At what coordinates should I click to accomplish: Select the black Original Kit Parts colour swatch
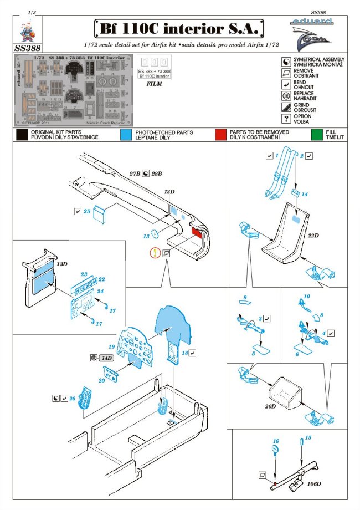[22, 134]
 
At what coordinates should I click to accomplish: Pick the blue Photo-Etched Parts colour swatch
[126, 134]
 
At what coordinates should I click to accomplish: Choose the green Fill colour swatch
[317, 134]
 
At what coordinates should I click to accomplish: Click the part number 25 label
[87, 211]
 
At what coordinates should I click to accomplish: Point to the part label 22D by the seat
[313, 235]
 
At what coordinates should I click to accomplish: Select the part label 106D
[313, 483]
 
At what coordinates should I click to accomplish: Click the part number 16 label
[275, 441]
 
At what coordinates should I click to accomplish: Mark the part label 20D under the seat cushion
[270, 406]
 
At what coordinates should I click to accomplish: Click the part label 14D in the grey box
[107, 358]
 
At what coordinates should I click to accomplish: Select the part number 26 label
[71, 398]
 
